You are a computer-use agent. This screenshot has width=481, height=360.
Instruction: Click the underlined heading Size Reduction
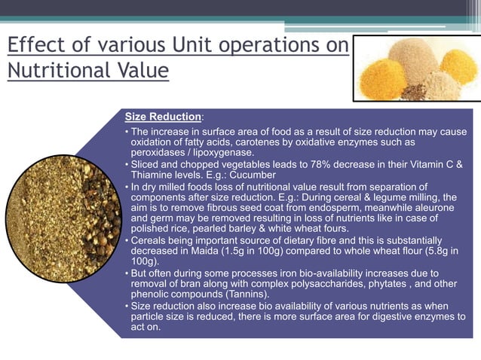(x=163, y=117)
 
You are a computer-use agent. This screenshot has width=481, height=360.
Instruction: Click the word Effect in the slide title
(x=33, y=44)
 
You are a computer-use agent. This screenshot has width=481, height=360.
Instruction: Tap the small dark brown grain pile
(x=413, y=93)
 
